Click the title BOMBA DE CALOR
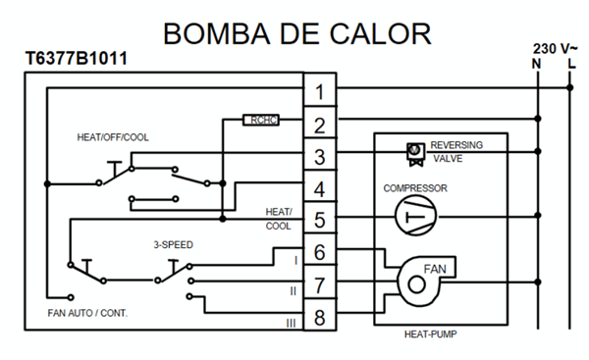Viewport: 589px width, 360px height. pyautogui.click(x=297, y=33)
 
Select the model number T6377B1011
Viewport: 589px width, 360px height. pyautogui.click(x=77, y=58)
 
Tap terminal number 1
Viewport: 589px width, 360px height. pyautogui.click(x=320, y=92)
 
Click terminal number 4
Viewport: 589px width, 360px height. pyautogui.click(x=320, y=189)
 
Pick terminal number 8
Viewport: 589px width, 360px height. pyautogui.click(x=320, y=318)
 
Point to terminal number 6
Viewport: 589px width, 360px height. pyautogui.click(x=320, y=252)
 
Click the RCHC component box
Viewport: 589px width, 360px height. pyautogui.click(x=261, y=120)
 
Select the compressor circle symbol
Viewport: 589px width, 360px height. pyautogui.click(x=416, y=216)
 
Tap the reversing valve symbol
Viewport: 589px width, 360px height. pyautogui.click(x=415, y=154)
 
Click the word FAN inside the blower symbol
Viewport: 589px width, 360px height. pyautogui.click(x=435, y=269)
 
